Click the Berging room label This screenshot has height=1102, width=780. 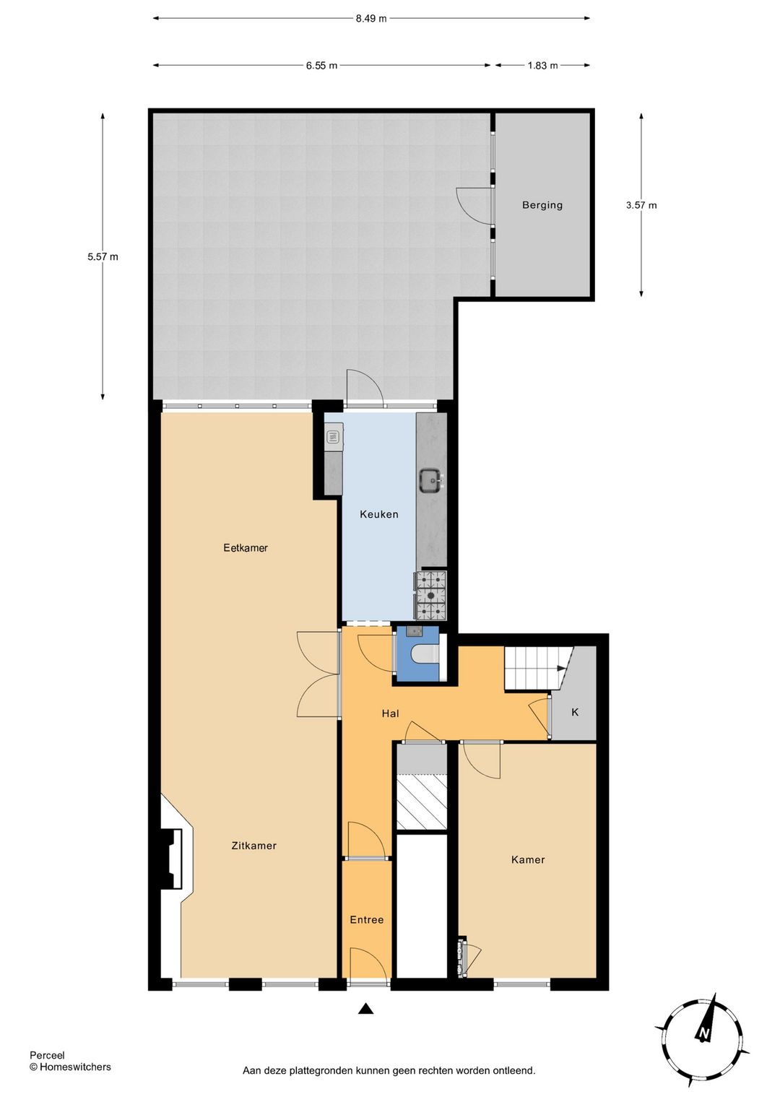[x=542, y=205]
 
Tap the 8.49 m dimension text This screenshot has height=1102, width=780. [x=370, y=19]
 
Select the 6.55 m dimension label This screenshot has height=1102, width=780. [x=321, y=66]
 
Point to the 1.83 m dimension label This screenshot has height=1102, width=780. [x=542, y=66]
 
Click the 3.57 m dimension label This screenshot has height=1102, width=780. [x=641, y=205]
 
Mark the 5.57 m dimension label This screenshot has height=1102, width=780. [x=103, y=256]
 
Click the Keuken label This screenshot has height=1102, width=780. [x=378, y=514]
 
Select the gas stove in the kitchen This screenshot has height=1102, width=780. [x=430, y=596]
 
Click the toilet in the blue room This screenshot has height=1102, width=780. [x=424, y=654]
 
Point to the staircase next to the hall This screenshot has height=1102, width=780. [x=534, y=669]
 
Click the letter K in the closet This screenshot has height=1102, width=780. [x=575, y=712]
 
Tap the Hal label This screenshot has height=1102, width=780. [x=390, y=713]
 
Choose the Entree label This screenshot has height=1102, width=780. [x=366, y=920]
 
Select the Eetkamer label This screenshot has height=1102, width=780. [x=246, y=548]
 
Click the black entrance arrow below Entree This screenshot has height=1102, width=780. [x=366, y=1009]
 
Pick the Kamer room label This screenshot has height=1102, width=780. [x=528, y=859]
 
